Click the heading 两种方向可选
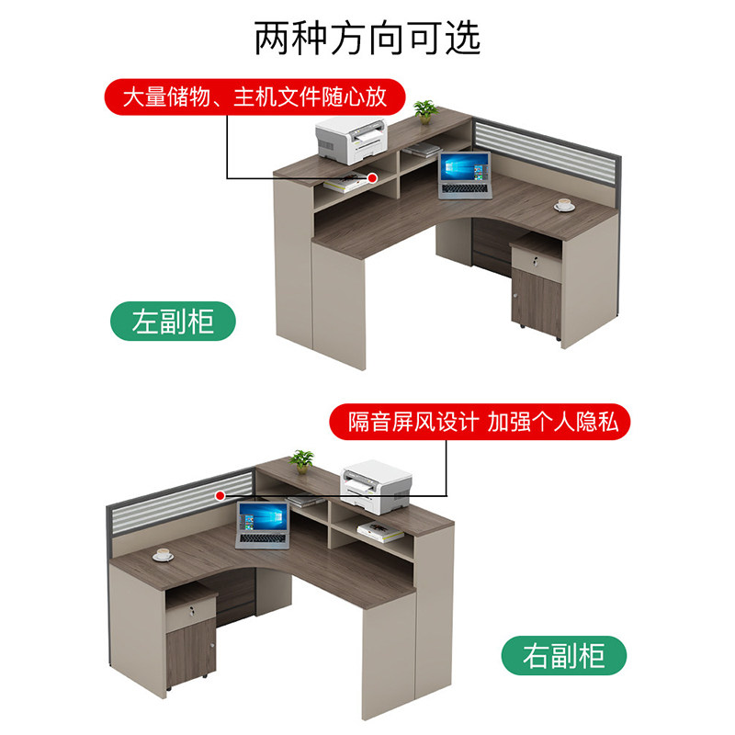coord(367,38)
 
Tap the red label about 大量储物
coord(254,96)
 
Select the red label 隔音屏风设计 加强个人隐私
coord(481,422)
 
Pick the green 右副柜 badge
coord(563,656)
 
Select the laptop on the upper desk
coord(466,175)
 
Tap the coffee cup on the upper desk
coord(564,205)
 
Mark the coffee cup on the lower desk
coord(164,554)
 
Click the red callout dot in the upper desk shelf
coord(374,176)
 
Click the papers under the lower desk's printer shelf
coord(374,528)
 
